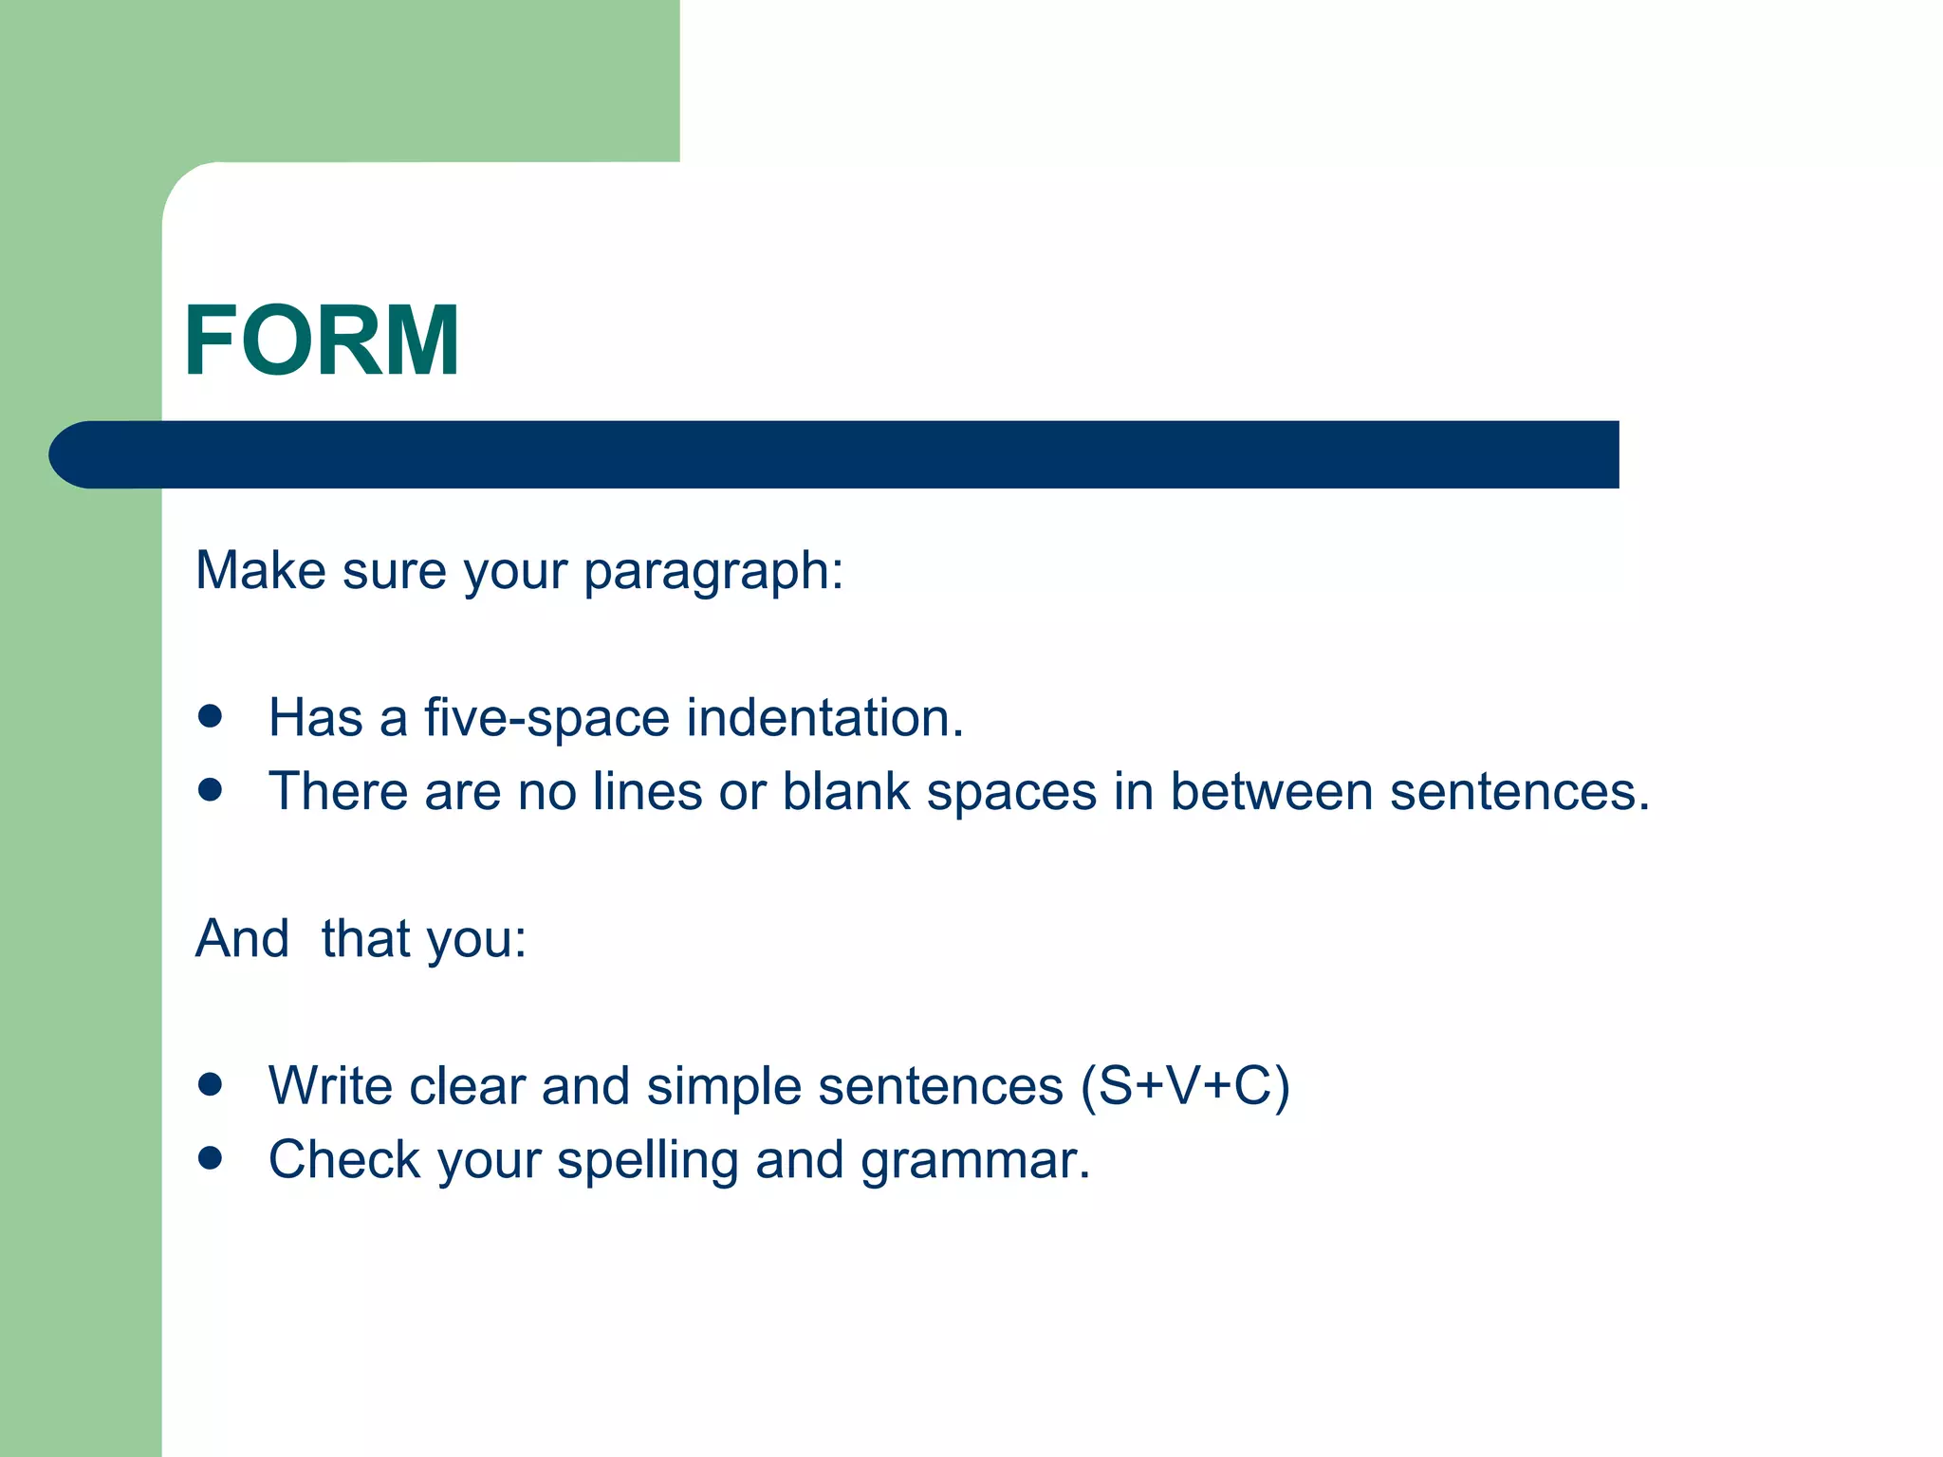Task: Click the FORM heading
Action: [x=322, y=341]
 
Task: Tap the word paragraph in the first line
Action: [x=712, y=572]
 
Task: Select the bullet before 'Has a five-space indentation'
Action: [x=211, y=716]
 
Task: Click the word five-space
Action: [x=546, y=718]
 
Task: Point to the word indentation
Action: [x=823, y=718]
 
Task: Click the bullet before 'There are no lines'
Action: [x=211, y=789]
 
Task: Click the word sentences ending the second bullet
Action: [x=1519, y=791]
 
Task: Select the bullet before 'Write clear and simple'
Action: [x=211, y=1084]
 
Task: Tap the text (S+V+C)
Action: [x=1185, y=1086]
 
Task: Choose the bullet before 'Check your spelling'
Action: [x=211, y=1157]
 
